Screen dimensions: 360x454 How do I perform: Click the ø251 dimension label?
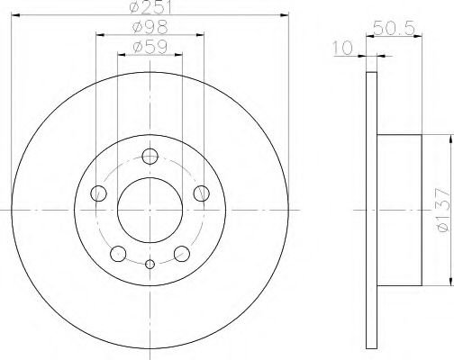coord(150,7)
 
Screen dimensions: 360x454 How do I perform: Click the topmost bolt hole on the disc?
coord(150,155)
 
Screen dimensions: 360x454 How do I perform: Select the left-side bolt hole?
coord(99,193)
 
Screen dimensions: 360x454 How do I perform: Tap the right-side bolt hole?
coord(201,193)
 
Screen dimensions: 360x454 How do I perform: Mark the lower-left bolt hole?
coord(118,252)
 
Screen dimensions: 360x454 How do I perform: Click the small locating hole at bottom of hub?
coord(150,263)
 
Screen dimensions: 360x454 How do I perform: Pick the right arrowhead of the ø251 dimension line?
coord(286,14)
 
